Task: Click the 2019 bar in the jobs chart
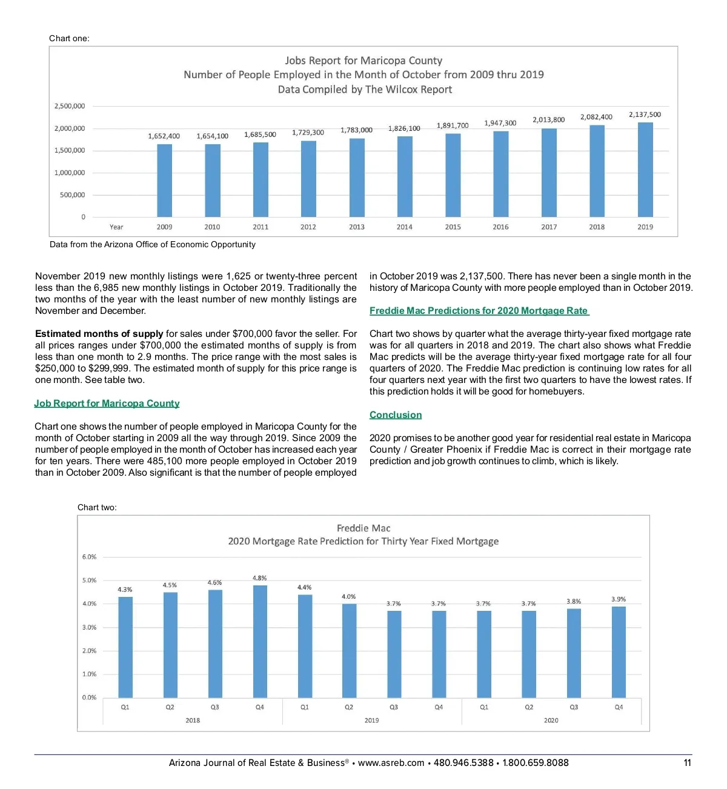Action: point(645,170)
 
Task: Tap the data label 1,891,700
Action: point(453,125)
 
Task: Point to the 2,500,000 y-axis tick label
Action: point(70,106)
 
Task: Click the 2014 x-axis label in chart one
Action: point(404,227)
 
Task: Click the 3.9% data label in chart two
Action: point(618,599)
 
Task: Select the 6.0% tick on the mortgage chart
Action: point(89,557)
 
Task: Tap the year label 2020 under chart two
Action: point(551,721)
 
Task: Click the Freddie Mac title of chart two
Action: point(363,528)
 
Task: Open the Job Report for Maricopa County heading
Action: point(107,404)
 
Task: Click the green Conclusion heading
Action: point(396,415)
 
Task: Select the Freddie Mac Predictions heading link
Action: point(479,311)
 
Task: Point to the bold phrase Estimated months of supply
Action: point(99,334)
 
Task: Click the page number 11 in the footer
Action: point(687,763)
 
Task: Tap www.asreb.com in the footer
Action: point(391,763)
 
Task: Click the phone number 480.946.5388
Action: point(463,763)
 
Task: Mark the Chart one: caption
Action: point(69,38)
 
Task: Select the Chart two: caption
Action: point(97,507)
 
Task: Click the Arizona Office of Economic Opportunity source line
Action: point(153,244)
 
